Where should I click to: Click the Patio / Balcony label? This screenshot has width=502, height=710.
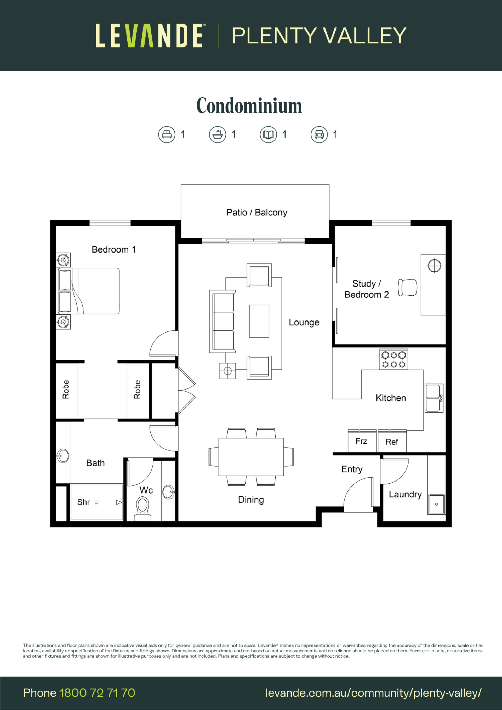[257, 213]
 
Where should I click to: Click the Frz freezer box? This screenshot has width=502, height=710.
[362, 441]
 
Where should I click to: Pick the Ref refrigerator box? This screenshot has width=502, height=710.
[392, 441]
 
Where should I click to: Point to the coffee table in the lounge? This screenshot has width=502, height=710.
[259, 321]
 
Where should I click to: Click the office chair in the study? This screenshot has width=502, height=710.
[407, 288]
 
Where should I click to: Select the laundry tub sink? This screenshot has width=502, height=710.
[436, 504]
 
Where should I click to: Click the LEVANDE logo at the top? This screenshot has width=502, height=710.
[149, 36]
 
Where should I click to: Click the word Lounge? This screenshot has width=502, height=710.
[304, 323]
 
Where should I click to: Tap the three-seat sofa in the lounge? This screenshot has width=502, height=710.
[222, 321]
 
